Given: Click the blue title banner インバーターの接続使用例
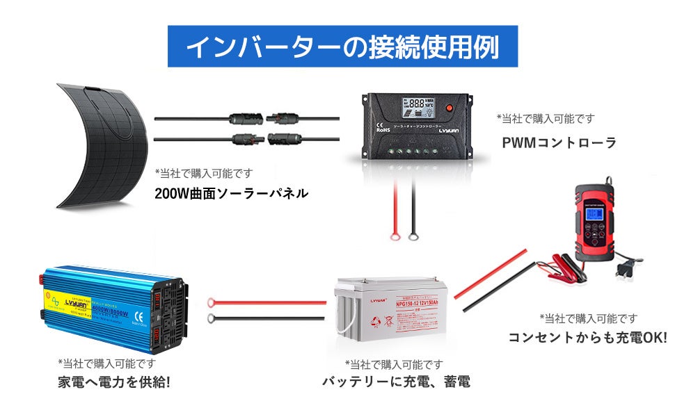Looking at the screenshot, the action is point(342,47).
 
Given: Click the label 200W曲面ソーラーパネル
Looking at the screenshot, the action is point(230,193).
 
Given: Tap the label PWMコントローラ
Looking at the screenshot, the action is point(559,142).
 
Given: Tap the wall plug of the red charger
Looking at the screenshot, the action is point(628,268).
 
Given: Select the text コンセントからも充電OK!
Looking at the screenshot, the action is point(587,338).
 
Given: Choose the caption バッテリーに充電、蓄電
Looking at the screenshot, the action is point(395,381).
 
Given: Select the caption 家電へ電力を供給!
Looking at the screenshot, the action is point(113,382).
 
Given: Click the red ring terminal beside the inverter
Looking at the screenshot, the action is point(212,302).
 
